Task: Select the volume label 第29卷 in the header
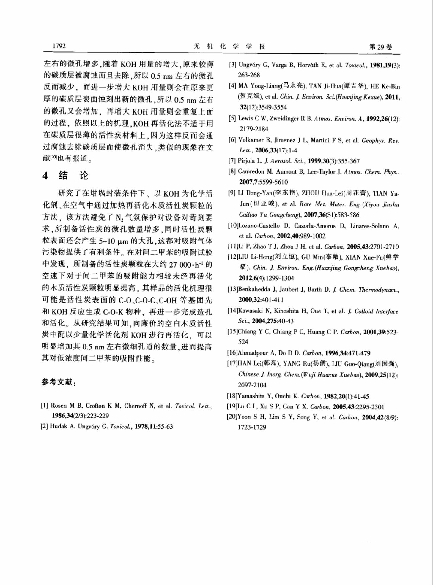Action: click(380, 47)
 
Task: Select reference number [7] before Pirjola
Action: click(232, 161)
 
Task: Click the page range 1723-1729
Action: click(252, 427)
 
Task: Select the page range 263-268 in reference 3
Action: click(249, 75)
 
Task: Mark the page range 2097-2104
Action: click(252, 385)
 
